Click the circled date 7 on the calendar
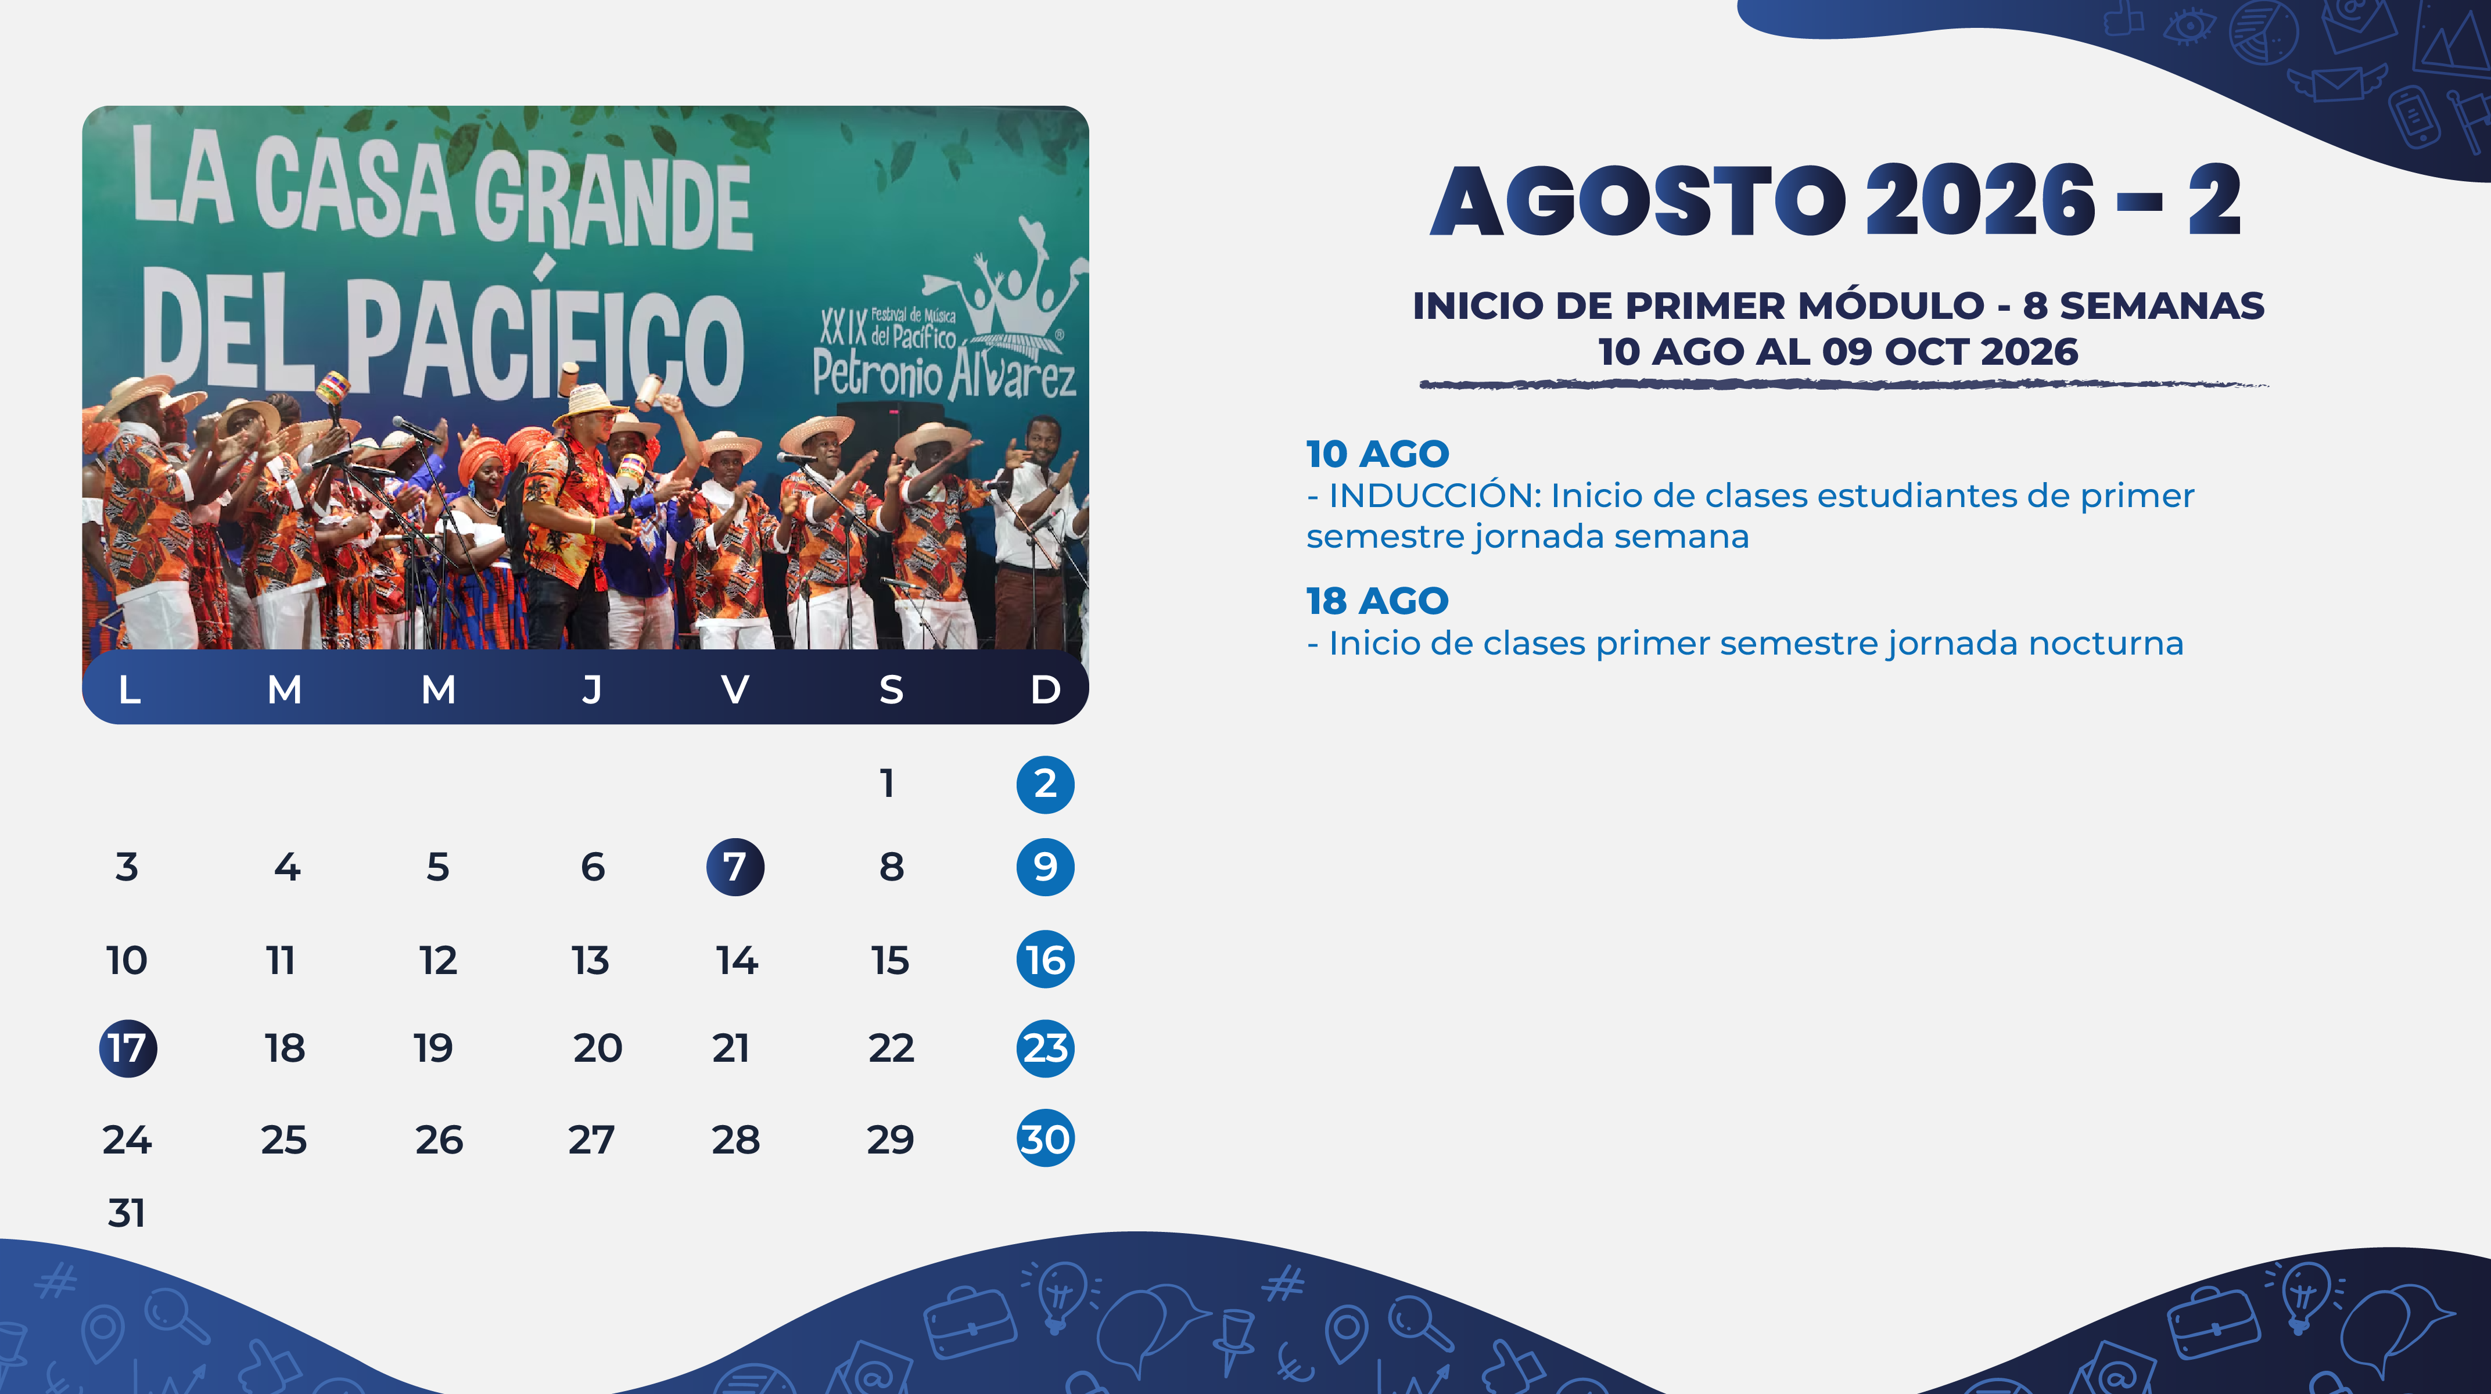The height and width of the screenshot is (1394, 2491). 735,867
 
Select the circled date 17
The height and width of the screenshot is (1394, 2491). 128,1048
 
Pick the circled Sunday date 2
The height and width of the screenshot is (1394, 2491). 1045,784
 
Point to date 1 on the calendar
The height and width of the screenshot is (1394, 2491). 886,783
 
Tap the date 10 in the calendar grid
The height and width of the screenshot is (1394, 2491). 127,960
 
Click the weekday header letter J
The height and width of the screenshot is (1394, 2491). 592,689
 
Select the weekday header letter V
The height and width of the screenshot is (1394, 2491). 735,689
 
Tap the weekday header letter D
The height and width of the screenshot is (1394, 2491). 1045,689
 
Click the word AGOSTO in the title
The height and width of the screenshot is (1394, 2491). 1639,200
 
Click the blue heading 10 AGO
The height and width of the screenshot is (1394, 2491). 1377,454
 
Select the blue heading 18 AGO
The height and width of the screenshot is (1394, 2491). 1377,601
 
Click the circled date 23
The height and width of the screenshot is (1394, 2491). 1045,1048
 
